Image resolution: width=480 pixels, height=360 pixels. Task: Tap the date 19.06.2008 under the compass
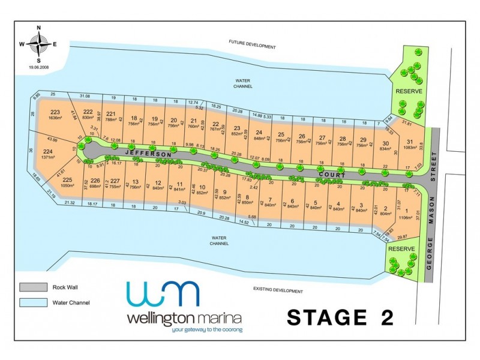(x=39, y=67)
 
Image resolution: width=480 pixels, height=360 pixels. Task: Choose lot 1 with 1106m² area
(x=409, y=215)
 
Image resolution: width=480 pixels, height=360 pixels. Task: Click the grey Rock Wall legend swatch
(x=33, y=287)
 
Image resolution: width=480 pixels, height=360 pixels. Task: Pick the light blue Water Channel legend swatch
(x=33, y=302)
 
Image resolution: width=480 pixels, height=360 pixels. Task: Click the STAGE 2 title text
(x=340, y=317)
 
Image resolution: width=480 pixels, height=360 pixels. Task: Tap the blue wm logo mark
(x=161, y=294)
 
